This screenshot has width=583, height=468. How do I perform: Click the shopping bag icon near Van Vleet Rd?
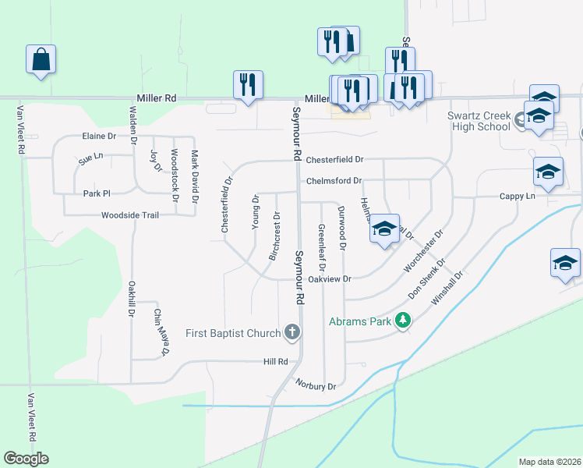[x=41, y=59]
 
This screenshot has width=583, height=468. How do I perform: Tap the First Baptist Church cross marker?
[x=292, y=333]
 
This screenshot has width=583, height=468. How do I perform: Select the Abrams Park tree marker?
[x=402, y=321]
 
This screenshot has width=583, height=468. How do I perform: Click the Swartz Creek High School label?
[x=479, y=122]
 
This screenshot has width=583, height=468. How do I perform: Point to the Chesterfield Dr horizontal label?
[x=334, y=160]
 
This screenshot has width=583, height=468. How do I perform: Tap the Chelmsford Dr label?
[x=334, y=181]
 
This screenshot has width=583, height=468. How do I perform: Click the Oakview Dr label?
[x=330, y=278]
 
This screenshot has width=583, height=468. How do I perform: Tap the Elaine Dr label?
[x=98, y=136]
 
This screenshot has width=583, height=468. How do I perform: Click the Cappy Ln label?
[x=518, y=197]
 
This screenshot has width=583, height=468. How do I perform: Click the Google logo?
[x=26, y=459]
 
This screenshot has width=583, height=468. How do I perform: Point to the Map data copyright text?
[x=549, y=461]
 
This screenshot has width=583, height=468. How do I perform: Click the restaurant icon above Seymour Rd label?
[x=248, y=83]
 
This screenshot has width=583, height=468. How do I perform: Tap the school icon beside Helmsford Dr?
[x=384, y=229]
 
